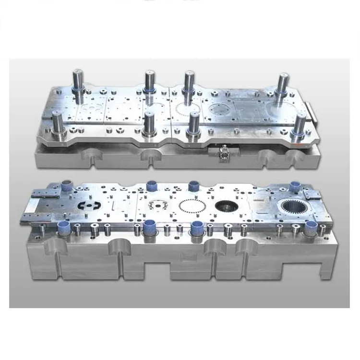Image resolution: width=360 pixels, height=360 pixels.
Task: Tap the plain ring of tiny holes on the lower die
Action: pyautogui.click(x=190, y=208)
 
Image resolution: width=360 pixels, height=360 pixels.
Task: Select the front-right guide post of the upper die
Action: pyautogui.click(x=301, y=125)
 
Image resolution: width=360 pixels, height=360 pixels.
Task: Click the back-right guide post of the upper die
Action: pyautogui.click(x=282, y=84)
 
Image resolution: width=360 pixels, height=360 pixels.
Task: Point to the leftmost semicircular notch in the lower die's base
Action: pyautogui.click(x=55, y=247)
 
